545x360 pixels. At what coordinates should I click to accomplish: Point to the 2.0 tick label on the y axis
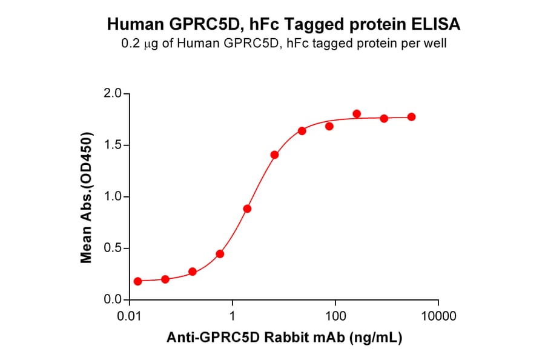click(x=113, y=94)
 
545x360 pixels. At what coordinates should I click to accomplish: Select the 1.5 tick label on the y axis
click(x=113, y=145)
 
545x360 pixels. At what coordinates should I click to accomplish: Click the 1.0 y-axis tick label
click(x=113, y=197)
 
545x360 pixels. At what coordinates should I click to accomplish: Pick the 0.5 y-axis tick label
click(x=113, y=248)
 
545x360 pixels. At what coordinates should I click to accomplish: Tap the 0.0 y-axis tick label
click(x=113, y=300)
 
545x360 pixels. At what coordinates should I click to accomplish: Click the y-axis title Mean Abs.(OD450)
click(x=87, y=197)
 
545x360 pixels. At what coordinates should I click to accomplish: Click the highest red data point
click(x=357, y=114)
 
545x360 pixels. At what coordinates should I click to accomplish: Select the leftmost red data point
click(x=138, y=281)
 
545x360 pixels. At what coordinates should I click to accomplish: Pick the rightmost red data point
click(x=411, y=117)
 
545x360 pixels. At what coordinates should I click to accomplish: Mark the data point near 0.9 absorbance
click(x=247, y=209)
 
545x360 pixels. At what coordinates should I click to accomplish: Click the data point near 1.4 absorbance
click(x=274, y=155)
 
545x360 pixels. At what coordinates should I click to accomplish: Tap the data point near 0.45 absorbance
click(x=220, y=254)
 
